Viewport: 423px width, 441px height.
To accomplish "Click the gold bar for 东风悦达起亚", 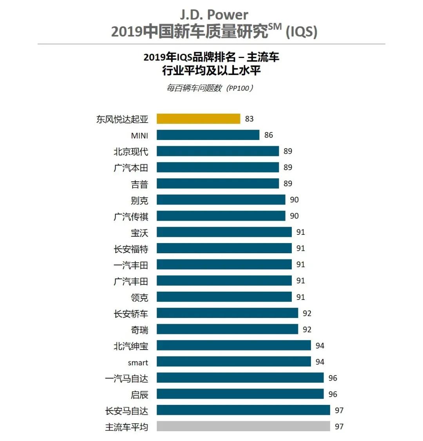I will coord(198,119).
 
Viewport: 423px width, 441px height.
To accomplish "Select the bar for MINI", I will coord(208,135).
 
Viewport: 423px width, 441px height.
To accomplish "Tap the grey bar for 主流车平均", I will coord(243,426).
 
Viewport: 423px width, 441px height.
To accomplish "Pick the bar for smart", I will coord(234,362).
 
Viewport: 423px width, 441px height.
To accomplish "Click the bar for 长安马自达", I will coord(243,410).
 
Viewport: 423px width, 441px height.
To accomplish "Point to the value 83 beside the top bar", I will coord(249,119).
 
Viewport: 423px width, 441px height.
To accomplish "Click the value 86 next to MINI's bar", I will coord(268,135).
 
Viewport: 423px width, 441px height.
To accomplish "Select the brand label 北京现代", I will coord(131,152).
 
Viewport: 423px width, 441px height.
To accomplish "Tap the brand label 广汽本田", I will coord(131,168).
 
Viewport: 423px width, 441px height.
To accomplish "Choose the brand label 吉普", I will coord(139,184).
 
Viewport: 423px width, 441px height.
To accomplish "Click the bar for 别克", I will coord(221,200).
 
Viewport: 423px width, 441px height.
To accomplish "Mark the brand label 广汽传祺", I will coord(131,216).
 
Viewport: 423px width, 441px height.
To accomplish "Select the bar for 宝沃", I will coord(224,232).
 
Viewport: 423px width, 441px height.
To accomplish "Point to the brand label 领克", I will coord(139,298).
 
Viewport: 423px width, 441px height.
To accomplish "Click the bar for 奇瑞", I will coord(227,330).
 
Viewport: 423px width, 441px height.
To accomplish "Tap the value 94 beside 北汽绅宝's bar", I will coord(320,346).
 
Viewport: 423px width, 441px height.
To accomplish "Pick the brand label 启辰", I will coord(139,394).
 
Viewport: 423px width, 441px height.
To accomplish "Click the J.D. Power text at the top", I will coord(214,15).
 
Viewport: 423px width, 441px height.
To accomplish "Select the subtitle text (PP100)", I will coord(240,88).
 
